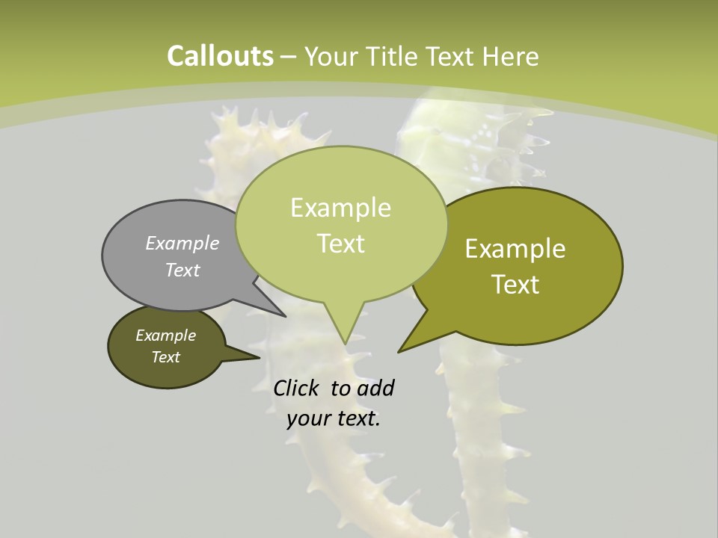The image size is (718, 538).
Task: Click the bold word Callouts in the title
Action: click(x=220, y=56)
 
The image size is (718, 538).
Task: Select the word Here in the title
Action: click(x=511, y=56)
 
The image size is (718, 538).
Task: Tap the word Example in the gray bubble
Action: click(x=182, y=243)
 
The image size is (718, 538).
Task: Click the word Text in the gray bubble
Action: click(x=182, y=270)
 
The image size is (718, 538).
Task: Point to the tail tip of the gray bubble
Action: click(x=285, y=316)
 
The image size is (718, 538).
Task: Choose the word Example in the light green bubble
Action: click(x=340, y=208)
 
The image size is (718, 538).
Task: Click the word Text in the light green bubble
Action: click(x=340, y=244)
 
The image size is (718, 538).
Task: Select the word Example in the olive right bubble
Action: click(x=515, y=249)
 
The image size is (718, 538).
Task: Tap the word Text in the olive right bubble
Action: click(x=515, y=285)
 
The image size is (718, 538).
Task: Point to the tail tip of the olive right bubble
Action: click(x=399, y=351)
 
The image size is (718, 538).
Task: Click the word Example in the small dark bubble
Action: click(x=166, y=336)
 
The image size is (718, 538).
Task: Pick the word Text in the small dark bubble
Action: click(x=166, y=357)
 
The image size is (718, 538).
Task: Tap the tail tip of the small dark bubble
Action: click(x=259, y=358)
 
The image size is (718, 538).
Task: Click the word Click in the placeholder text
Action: click(x=298, y=388)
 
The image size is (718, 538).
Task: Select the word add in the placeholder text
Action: click(x=375, y=388)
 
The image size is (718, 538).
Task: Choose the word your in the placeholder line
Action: click(x=308, y=418)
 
